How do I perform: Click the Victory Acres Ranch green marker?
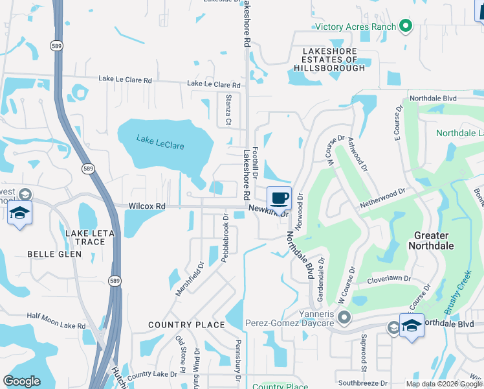(406, 26)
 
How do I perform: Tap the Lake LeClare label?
(160, 142)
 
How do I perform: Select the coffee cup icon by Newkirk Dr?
(279, 198)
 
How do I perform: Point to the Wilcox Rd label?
(147, 206)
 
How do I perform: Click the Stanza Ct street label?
(228, 109)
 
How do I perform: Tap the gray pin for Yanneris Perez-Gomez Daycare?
(344, 318)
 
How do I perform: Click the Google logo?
(21, 381)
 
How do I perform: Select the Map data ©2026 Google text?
(444, 384)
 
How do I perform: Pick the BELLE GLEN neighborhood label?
(54, 254)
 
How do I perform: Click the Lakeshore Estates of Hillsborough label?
(329, 59)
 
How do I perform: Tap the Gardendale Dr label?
(319, 281)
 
